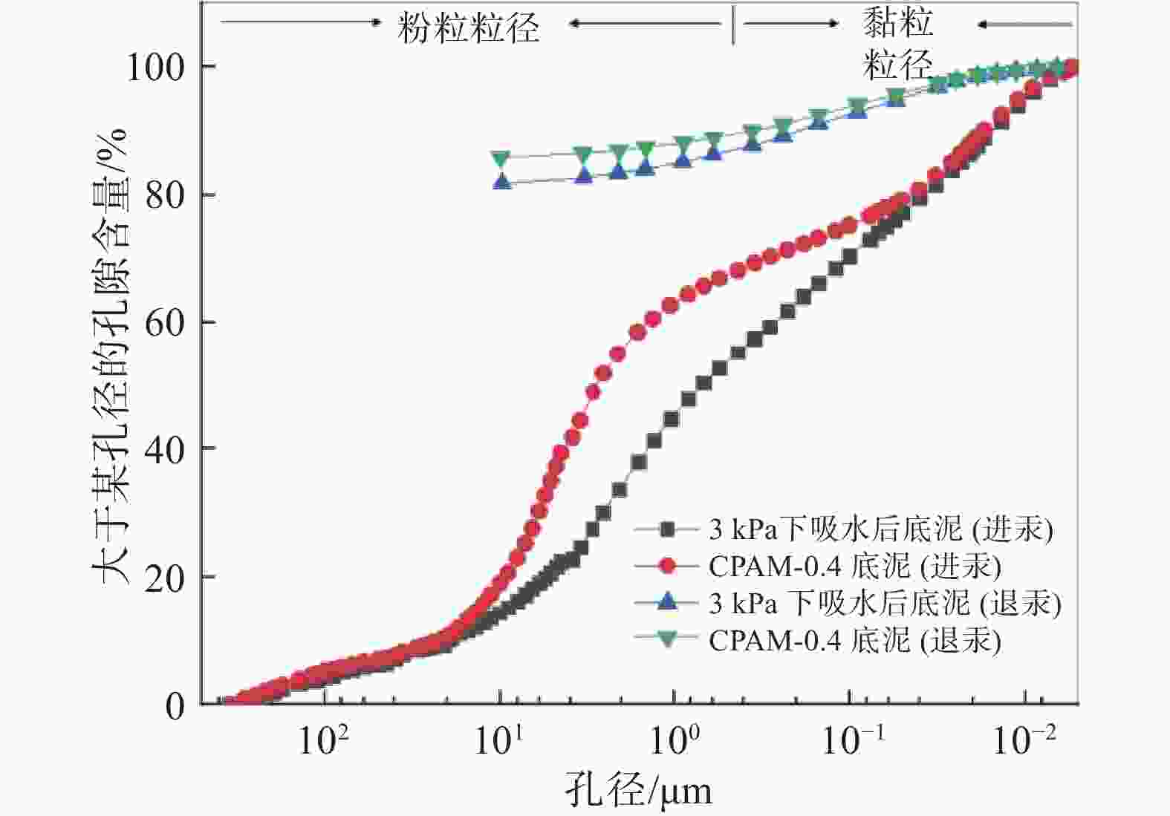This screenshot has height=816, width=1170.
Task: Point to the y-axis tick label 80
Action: tap(165, 196)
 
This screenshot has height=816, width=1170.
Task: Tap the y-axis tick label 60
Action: tap(165, 323)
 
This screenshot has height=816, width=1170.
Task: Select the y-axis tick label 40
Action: tap(165, 449)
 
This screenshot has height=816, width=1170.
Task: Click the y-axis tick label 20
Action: tap(165, 578)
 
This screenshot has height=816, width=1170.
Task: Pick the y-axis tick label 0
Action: tap(175, 706)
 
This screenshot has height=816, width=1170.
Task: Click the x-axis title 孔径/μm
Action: tap(637, 790)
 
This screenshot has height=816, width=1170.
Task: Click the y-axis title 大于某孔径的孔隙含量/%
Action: tap(110, 356)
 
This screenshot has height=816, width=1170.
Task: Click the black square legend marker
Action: tap(668, 529)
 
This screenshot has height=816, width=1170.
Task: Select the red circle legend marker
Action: tap(668, 566)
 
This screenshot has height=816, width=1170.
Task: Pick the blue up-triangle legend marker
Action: tap(668, 601)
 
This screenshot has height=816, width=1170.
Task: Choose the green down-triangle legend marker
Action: tap(668, 639)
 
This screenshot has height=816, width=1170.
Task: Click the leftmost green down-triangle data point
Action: tap(501, 157)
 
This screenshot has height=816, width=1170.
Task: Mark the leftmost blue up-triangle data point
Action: tap(502, 181)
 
